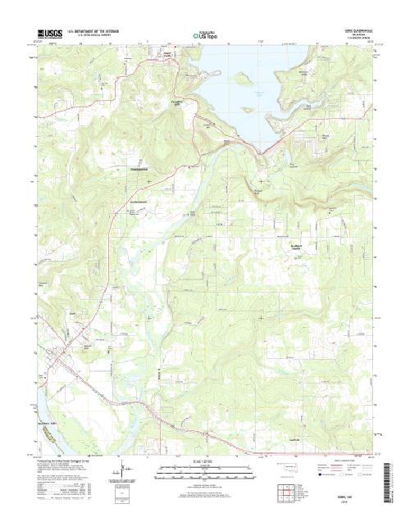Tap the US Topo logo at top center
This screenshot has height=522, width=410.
[205, 34]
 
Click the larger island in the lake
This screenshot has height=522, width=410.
[243, 79]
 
